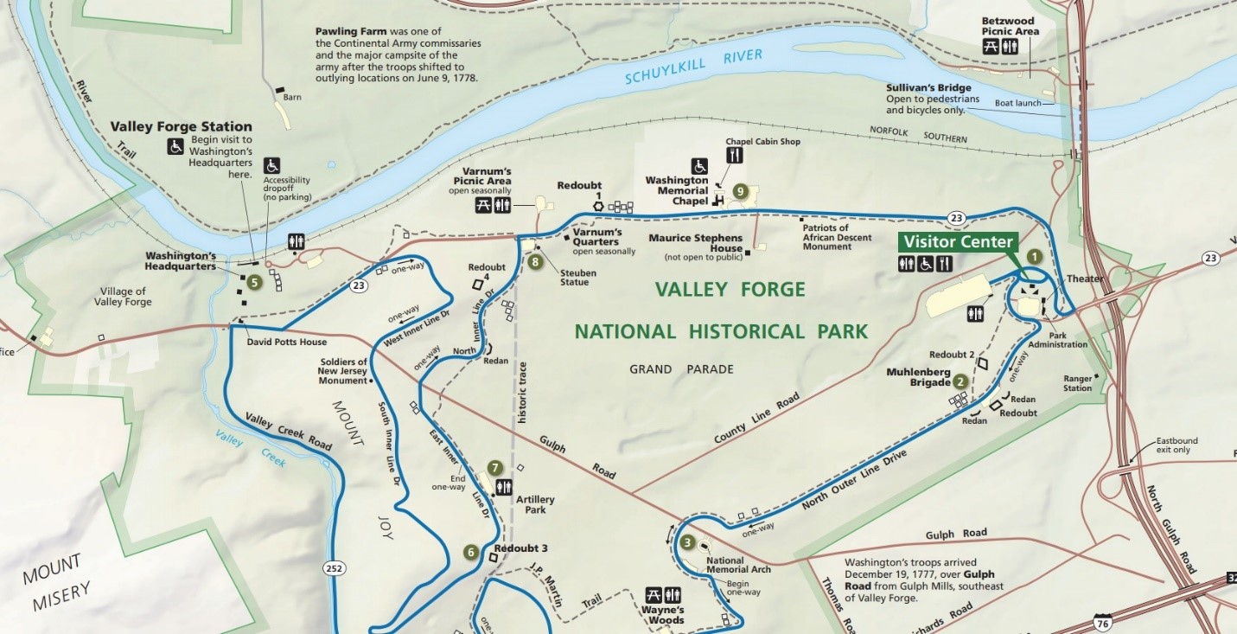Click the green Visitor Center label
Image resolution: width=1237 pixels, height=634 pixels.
[x=957, y=241]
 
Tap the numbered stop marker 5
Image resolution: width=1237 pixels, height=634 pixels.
[x=253, y=281]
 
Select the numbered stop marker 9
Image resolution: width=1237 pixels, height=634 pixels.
[x=739, y=190]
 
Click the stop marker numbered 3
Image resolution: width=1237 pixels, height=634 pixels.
[x=687, y=543]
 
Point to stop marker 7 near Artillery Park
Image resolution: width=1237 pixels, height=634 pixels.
[x=494, y=468]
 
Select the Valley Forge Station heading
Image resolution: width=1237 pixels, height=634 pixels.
[x=181, y=126]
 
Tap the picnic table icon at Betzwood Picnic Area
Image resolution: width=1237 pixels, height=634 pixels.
[x=992, y=47]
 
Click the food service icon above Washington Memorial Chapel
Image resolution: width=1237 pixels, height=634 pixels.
[x=735, y=156]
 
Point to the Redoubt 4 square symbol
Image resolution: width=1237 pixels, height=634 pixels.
[x=476, y=283]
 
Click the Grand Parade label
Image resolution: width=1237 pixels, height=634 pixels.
[x=681, y=369]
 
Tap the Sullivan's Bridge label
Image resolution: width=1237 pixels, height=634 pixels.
[x=928, y=87]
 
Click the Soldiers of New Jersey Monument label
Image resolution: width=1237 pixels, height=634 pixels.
[x=342, y=370]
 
